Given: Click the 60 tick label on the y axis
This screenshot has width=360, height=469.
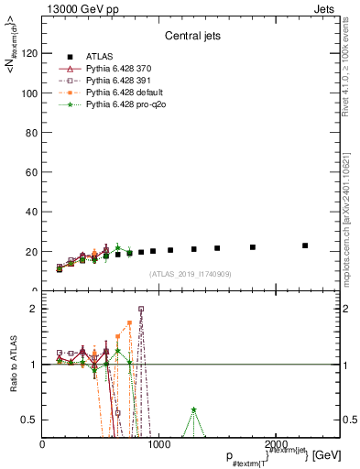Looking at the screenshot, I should [32, 172].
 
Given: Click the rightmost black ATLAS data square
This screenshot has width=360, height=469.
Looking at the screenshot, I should [305, 245].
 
